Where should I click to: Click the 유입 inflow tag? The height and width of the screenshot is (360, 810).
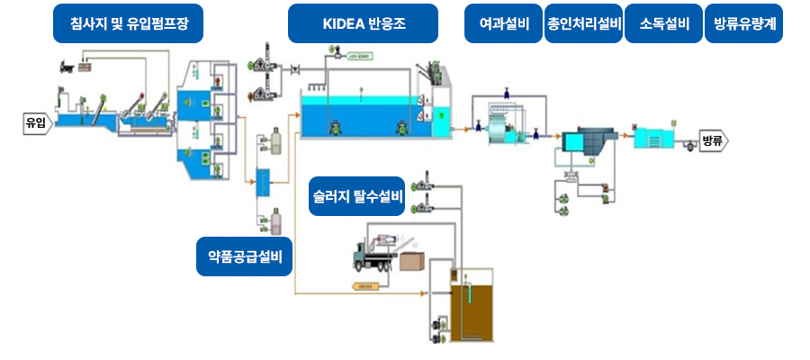point(34,123)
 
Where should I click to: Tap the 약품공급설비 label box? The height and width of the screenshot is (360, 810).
point(245,256)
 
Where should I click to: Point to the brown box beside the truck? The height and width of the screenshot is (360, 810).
point(414,261)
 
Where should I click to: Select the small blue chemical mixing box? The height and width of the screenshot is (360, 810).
point(264,183)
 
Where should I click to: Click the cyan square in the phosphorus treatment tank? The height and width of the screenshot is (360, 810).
point(573,142)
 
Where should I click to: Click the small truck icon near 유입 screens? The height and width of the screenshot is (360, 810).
point(67,65)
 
